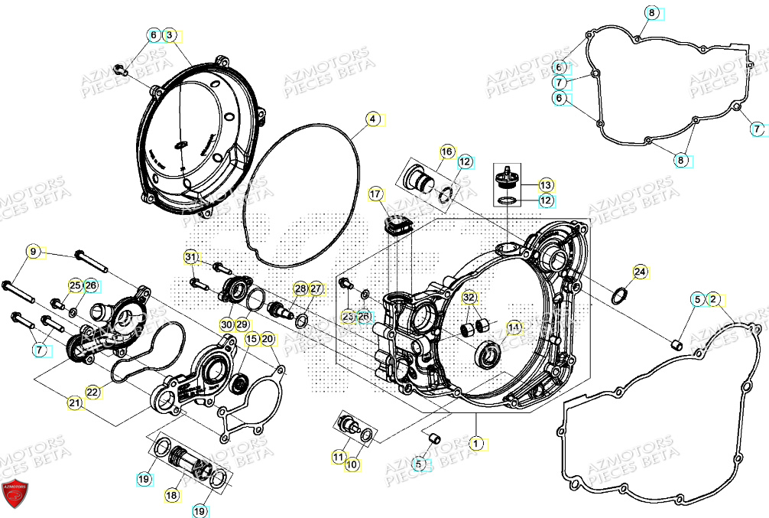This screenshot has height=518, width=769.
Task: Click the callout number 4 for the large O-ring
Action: [372, 119]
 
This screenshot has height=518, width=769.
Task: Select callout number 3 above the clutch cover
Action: [170, 35]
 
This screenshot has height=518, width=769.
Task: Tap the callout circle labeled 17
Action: [375, 194]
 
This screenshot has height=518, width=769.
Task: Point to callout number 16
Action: [447, 151]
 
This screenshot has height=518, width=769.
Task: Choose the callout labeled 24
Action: [640, 271]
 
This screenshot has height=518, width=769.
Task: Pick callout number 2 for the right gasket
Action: [712, 298]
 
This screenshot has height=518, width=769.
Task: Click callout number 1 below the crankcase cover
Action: [477, 442]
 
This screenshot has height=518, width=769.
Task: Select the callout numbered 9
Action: [33, 251]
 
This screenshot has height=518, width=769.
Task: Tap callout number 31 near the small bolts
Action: [191, 256]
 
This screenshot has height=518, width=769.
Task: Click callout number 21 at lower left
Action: [74, 402]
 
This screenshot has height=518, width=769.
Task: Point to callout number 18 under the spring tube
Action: [172, 495]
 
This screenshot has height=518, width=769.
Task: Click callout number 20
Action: [267, 339]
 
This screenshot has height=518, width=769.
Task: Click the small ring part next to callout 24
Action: [621, 295]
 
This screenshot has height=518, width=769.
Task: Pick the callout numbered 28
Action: [300, 288]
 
